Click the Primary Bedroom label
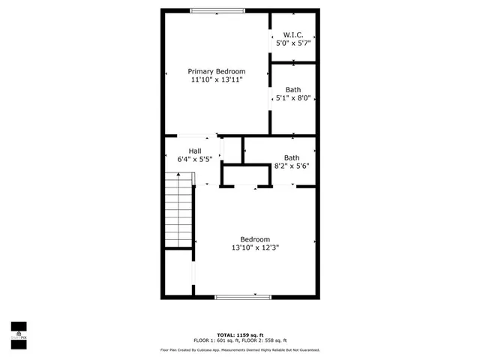pos(217,71)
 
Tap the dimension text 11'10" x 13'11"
pos(217,79)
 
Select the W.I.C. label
pos(293,35)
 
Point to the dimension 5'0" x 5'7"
pos(293,43)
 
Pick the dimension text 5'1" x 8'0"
pos(292,97)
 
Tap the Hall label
pos(194,151)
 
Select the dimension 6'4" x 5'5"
pos(194,159)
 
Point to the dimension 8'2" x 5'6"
pos(292,166)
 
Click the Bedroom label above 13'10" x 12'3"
pos(255,239)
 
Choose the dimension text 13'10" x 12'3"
pos(255,247)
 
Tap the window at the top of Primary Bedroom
pos(217,10)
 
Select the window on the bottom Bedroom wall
pos(241,298)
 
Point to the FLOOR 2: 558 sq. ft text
pos(268,340)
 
